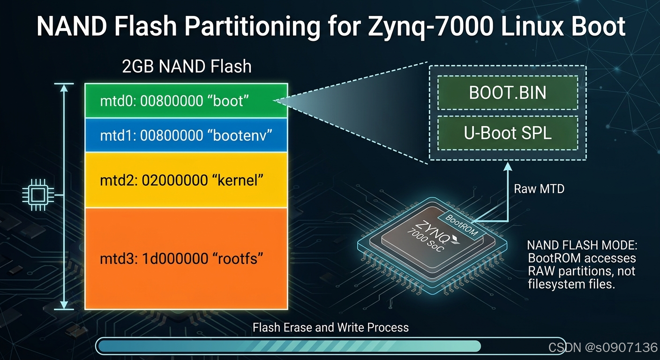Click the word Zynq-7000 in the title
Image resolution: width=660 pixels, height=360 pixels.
(430, 27)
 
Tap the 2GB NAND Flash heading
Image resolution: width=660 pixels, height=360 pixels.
(187, 66)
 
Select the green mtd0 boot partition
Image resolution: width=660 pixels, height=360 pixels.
(186, 101)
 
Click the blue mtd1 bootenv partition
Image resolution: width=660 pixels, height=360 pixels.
(186, 135)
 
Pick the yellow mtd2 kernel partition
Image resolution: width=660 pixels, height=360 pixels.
(186, 180)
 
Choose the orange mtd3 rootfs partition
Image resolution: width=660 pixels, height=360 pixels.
(186, 259)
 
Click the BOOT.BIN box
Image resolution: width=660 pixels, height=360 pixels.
(507, 92)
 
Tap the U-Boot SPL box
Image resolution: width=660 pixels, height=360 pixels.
(507, 133)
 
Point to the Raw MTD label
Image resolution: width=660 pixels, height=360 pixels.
(539, 189)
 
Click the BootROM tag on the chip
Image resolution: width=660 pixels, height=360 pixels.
(462, 225)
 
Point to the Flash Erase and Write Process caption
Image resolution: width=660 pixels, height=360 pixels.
(330, 327)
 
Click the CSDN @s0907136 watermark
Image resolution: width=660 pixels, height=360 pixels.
(603, 347)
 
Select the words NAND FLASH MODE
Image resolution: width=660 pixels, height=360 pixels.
(582, 245)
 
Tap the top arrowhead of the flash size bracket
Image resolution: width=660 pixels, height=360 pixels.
(64, 88)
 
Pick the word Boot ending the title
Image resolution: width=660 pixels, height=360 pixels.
(598, 27)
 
